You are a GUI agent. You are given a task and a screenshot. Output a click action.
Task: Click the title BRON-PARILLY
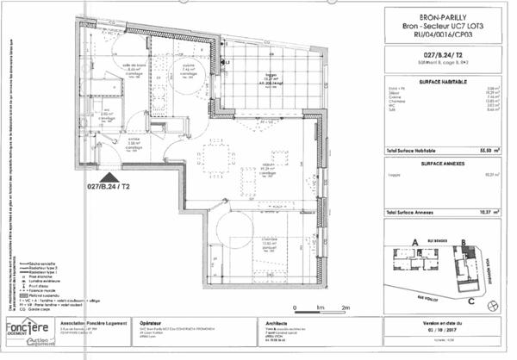pos(440,16)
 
